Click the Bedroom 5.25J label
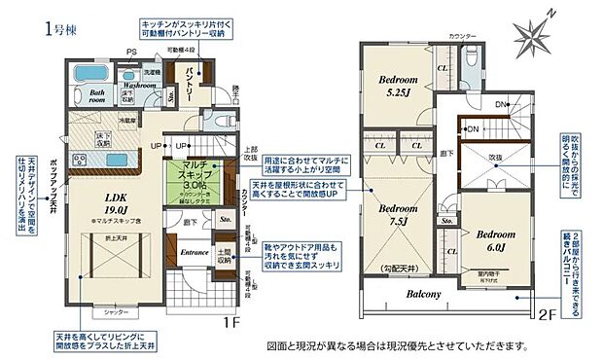point(397,86)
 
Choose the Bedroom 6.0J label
point(493,238)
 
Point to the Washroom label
point(141,86)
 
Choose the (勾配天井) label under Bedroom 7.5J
point(394,267)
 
